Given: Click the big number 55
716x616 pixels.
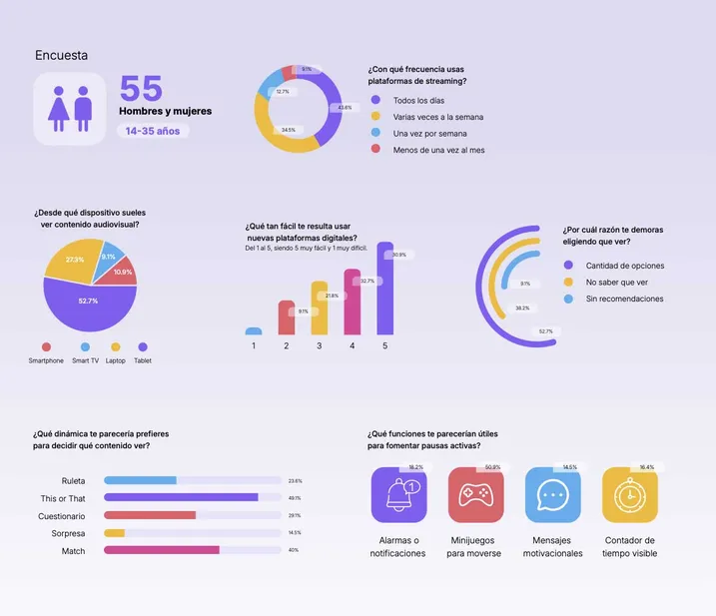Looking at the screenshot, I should tap(141, 88).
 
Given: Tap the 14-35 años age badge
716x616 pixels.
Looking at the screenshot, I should tap(152, 131).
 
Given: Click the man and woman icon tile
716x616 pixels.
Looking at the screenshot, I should tap(70, 108).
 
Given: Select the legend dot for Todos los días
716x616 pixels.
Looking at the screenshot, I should tap(375, 100).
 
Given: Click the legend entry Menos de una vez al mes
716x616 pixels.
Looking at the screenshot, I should tap(438, 150).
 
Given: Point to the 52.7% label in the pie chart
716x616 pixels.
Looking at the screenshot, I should tap(88, 301).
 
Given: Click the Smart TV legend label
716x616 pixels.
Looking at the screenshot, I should tap(86, 360).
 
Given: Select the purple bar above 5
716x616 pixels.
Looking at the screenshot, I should tap(384, 289).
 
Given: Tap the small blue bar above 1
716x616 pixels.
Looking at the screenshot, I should tap(254, 330).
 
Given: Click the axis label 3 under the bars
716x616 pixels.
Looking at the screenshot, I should tap(319, 345).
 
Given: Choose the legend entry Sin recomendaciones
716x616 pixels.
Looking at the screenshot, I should tap(624, 299).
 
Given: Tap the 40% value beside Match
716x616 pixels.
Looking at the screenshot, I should tap(294, 550).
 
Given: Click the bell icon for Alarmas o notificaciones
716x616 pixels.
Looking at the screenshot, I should tap(398, 496).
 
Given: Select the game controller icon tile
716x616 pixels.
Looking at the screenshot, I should tap(475, 496).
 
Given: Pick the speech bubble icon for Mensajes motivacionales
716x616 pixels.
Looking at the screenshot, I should tap(552, 496).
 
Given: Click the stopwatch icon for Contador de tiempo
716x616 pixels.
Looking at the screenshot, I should tap(629, 496).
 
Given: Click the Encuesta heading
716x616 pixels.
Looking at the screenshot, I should tap(61, 56).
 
